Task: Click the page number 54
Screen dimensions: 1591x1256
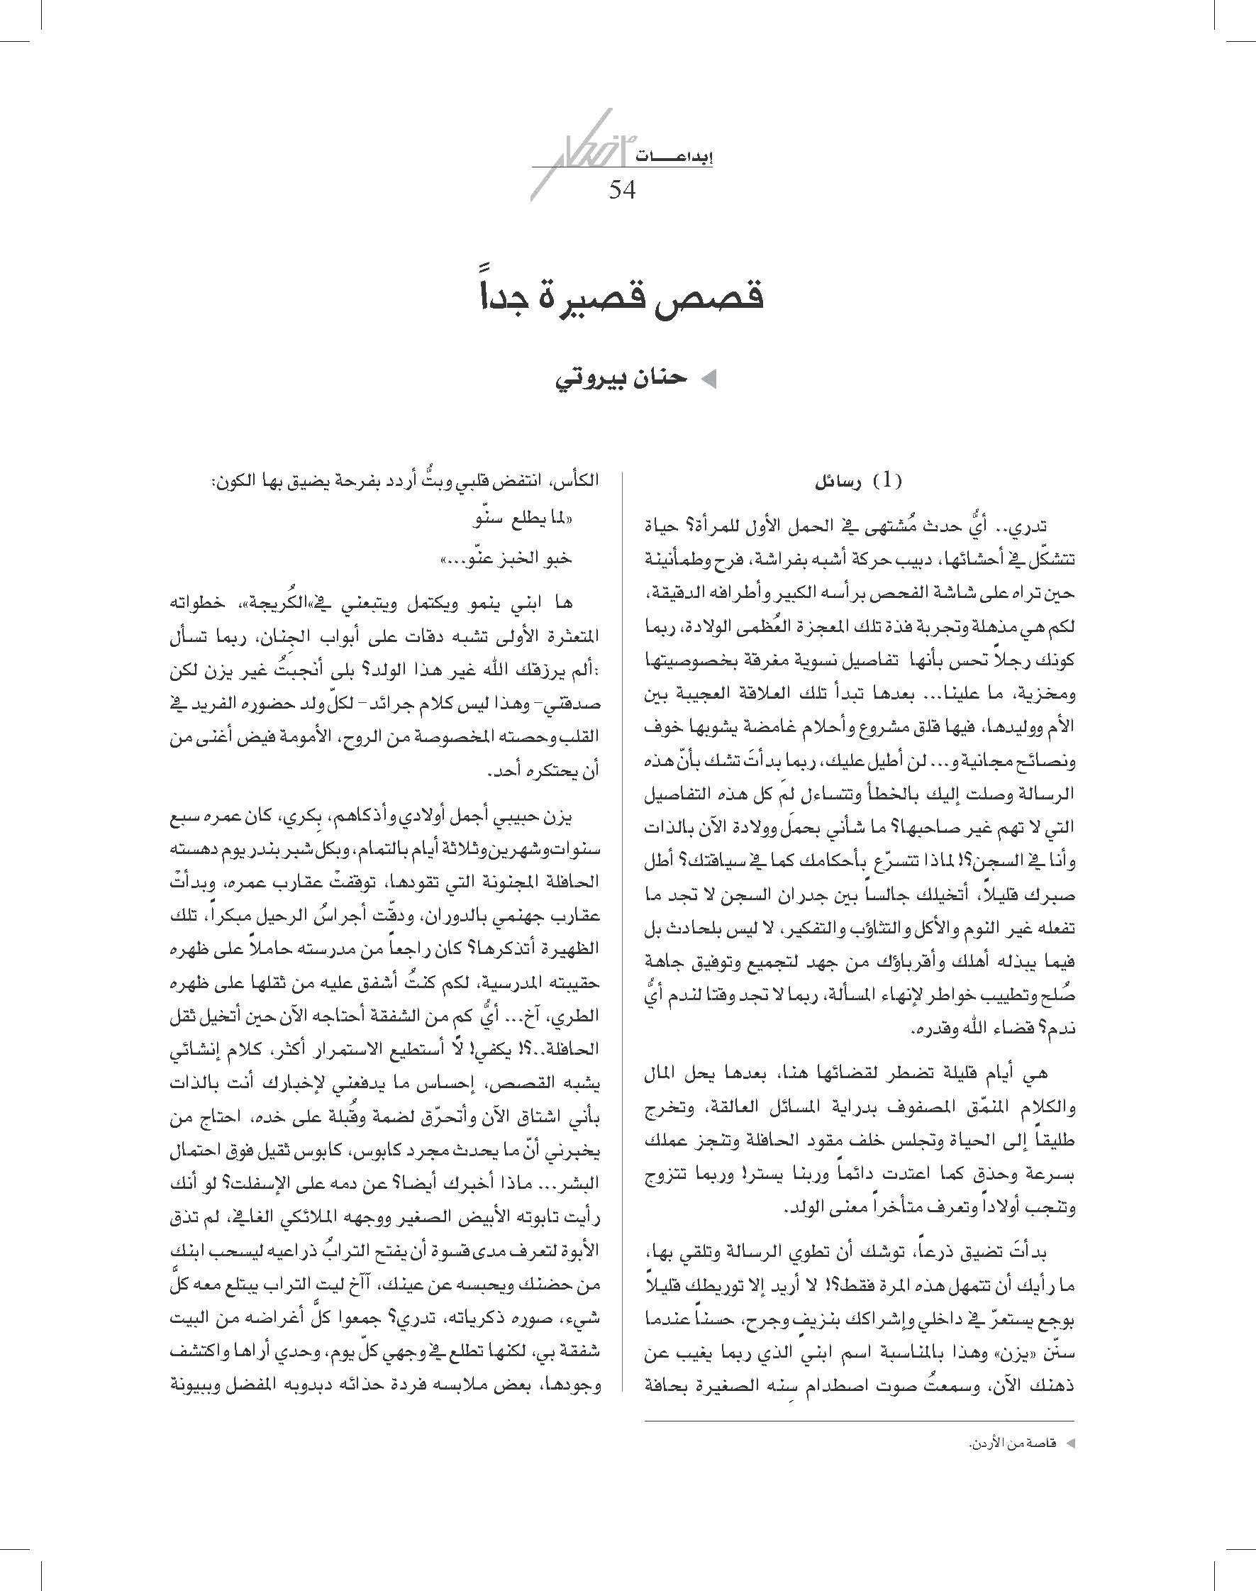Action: pos(621,190)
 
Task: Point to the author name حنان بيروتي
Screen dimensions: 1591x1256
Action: pos(621,379)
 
